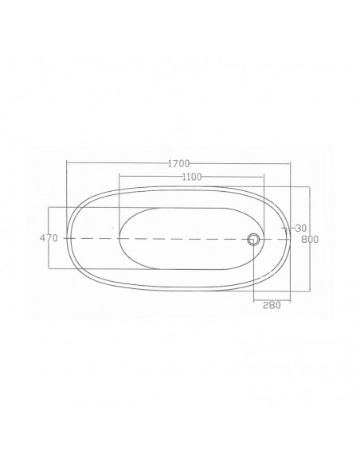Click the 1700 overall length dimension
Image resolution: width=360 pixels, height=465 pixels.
coord(178,163)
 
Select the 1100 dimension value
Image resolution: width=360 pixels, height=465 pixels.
coord(192,177)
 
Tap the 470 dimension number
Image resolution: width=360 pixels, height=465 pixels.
coord(49,238)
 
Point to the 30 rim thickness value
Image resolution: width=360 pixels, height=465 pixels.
coord(301,228)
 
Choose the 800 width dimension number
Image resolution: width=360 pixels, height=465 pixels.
coord(310,240)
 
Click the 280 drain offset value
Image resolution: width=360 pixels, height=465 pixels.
coord(272,305)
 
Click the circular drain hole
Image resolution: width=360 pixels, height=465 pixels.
coord(253,239)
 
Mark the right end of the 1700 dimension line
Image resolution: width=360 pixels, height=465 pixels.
coord(291,163)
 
